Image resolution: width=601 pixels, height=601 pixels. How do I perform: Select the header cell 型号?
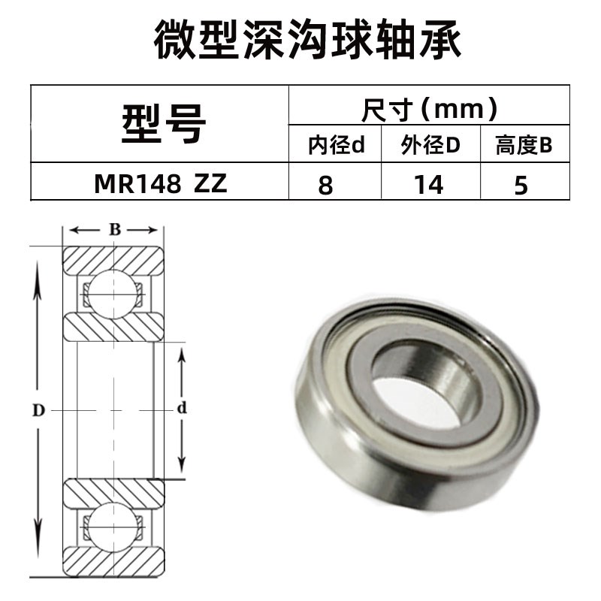click(x=161, y=123)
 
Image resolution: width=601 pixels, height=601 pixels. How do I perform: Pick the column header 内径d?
click(x=336, y=146)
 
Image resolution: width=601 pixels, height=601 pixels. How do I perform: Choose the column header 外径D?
click(x=430, y=146)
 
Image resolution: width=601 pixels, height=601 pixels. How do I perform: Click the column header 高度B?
click(x=524, y=146)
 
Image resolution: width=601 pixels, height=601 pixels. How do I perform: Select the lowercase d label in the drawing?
click(x=180, y=409)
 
